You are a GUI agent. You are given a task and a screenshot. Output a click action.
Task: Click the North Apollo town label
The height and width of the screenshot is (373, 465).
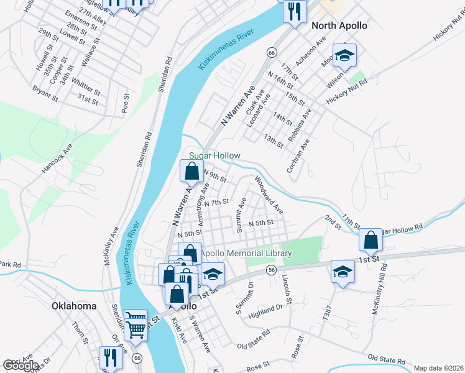(x=339, y=26)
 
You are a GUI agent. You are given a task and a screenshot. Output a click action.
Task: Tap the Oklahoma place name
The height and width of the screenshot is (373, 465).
(x=75, y=306)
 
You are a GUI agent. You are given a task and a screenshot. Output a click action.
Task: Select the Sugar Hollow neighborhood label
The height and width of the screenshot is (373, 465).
(x=214, y=155)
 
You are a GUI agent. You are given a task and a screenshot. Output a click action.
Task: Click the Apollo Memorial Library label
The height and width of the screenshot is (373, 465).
(x=246, y=254)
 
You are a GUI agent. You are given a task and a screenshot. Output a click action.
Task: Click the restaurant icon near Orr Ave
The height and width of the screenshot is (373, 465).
(x=110, y=357)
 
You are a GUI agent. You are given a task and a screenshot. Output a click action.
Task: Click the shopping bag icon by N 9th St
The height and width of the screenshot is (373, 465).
(x=192, y=170)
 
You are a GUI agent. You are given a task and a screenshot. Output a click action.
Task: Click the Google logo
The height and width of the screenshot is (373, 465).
(x=21, y=366)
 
